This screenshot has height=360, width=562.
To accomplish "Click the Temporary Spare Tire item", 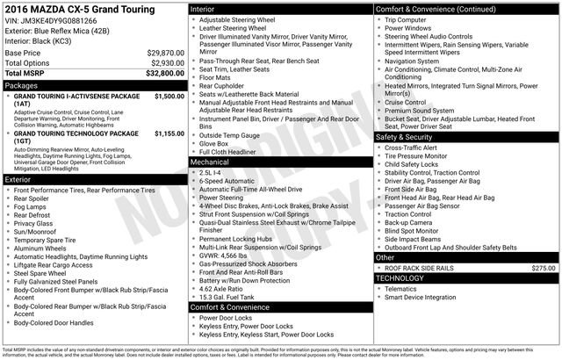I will point(54,240).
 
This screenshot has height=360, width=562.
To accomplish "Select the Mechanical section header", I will point(211,162).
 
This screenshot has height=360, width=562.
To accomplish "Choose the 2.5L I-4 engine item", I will point(213,173).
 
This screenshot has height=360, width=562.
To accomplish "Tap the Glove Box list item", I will point(216,143).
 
